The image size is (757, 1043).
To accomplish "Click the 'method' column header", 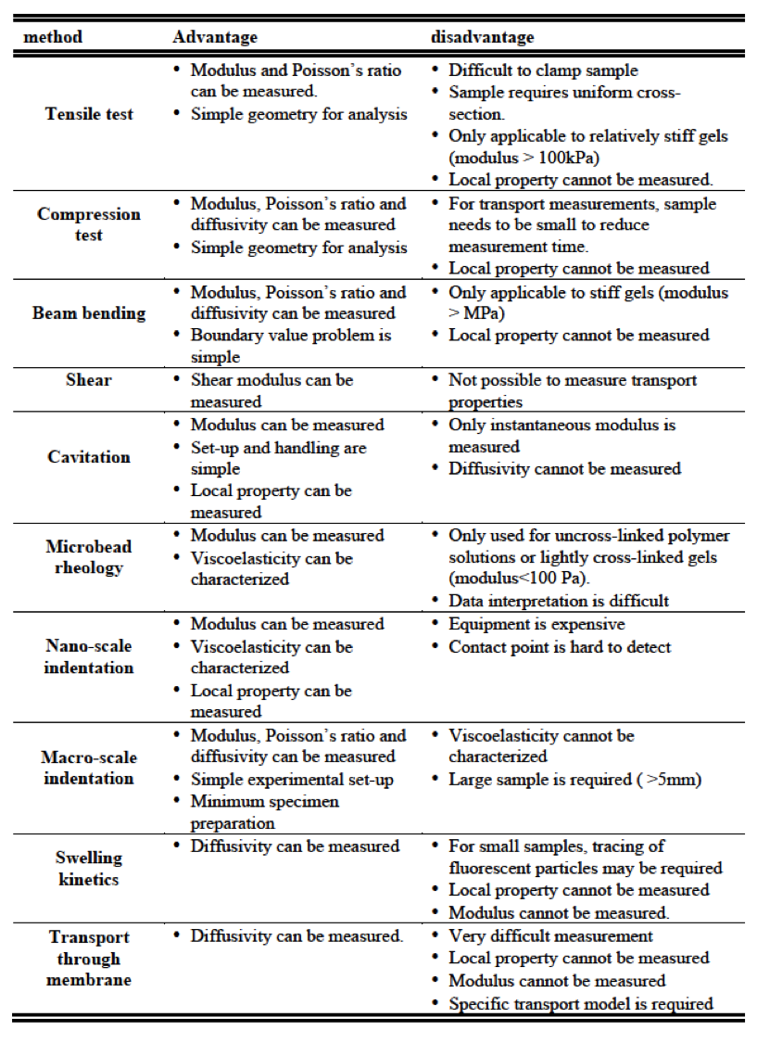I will (x=53, y=37).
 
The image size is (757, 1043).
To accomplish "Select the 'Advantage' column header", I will (x=215, y=37).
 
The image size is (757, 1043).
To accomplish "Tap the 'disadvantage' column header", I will (x=482, y=37).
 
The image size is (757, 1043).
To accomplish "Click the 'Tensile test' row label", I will (x=89, y=114).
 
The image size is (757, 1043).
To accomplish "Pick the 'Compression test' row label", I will (x=89, y=224).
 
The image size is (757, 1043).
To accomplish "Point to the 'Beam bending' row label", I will (x=89, y=313).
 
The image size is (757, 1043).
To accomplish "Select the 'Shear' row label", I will (x=89, y=380).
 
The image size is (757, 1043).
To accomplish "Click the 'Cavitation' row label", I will (x=89, y=457).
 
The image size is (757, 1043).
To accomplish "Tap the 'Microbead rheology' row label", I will (x=89, y=557).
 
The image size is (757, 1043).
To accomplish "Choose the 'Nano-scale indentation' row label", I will (x=89, y=656).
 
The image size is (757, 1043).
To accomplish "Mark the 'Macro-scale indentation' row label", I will (x=89, y=768).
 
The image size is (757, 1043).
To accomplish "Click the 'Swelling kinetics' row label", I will (x=89, y=869).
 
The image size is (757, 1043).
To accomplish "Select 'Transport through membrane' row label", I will (x=89, y=959).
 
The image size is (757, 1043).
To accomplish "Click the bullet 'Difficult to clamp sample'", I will (x=543, y=70).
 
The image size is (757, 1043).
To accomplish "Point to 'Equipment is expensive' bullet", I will (x=536, y=624).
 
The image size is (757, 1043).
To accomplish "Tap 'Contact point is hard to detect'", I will (x=560, y=647).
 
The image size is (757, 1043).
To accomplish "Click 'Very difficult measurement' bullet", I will (x=550, y=936).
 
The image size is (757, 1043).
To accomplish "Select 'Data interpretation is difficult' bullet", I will (x=559, y=601).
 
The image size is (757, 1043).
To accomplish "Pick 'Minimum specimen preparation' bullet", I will (x=265, y=812).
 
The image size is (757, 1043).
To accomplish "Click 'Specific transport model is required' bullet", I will (x=581, y=1003).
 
